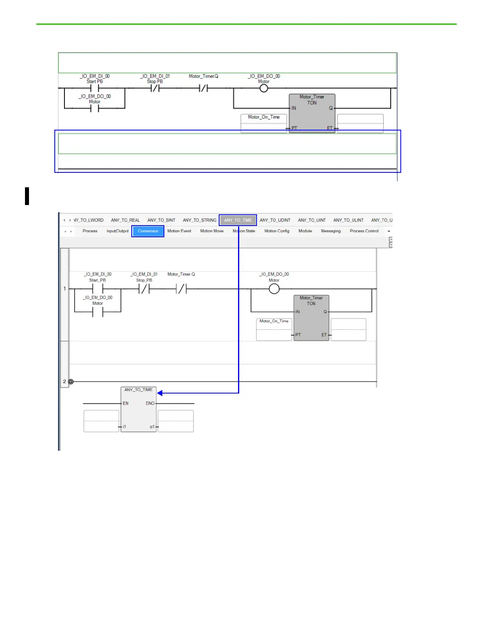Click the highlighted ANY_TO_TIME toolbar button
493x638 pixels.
(238, 220)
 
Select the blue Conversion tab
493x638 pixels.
(148, 231)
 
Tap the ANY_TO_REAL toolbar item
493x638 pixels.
(125, 220)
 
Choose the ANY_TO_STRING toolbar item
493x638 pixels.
(199, 220)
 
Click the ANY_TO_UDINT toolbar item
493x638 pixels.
(275, 220)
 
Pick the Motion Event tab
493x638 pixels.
(179, 231)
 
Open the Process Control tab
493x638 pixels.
(364, 231)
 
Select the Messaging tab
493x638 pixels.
(331, 231)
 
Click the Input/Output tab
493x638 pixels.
(118, 231)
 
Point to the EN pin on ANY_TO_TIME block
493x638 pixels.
(126, 403)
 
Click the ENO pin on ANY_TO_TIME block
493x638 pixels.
(150, 403)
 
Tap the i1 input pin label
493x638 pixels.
(124, 427)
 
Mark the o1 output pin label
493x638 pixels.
(152, 427)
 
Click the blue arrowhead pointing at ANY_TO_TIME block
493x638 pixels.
(160, 393)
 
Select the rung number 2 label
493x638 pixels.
(64, 381)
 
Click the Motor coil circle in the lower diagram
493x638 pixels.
(274, 289)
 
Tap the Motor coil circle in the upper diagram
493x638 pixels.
(264, 88)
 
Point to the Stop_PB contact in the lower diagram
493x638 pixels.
(144, 289)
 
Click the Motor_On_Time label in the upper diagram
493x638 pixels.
(264, 117)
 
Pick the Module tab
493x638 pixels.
(305, 231)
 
